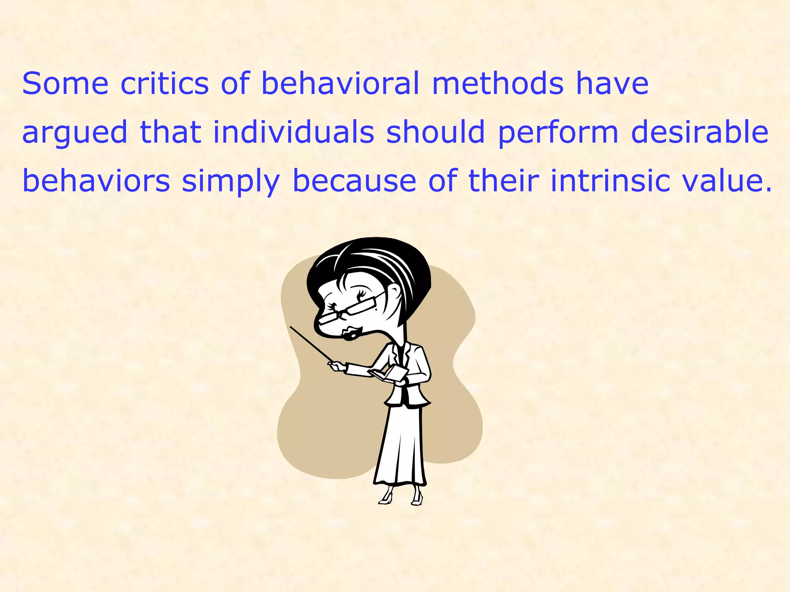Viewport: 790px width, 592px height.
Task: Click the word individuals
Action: [x=294, y=132]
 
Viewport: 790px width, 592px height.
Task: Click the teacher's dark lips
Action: [x=352, y=333]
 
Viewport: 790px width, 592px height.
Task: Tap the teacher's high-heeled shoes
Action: [x=401, y=497]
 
